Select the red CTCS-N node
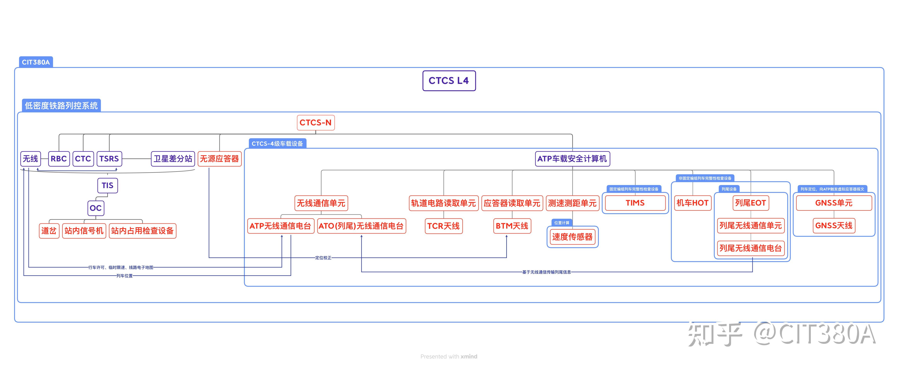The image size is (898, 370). coord(316,122)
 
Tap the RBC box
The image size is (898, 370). coord(59,159)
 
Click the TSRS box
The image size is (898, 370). coord(109,159)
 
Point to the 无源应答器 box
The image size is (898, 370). coord(219,159)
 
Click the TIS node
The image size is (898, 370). coord(107,185)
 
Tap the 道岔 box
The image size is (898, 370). coord(49,231)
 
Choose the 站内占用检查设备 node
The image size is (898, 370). coord(142,231)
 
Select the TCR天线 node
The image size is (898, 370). coord(443,226)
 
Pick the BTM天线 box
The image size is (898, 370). coord(512,226)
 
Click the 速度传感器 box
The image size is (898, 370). coord(572,237)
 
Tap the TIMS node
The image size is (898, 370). coord(635,203)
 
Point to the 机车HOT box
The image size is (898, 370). coord(692,203)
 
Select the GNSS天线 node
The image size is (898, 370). coord(834,225)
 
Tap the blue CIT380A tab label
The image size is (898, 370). coord(36,62)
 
